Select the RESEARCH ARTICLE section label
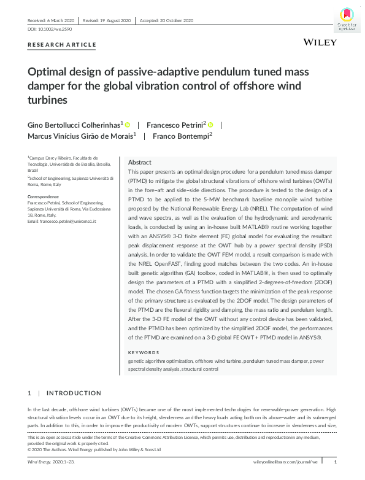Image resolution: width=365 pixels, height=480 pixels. point(62,45)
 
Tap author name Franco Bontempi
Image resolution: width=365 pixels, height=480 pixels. point(182,136)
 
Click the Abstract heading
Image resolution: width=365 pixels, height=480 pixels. point(140,162)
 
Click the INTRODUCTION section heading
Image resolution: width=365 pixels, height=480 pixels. point(74,393)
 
